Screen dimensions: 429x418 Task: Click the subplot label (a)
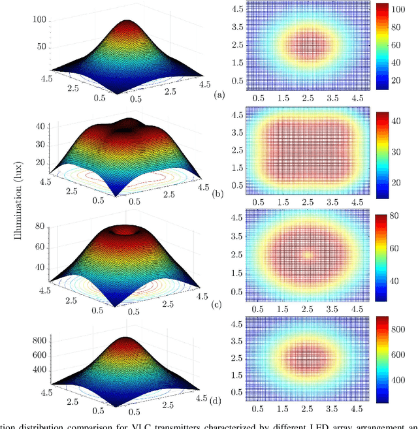pos(219,95)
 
